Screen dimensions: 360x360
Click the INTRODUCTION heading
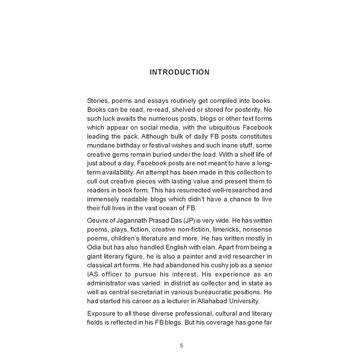(x=179, y=72)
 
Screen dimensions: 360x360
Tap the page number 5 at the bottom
(x=181, y=346)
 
